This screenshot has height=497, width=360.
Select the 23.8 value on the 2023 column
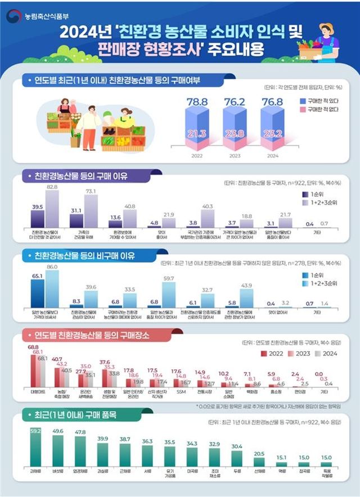click(233, 134)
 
